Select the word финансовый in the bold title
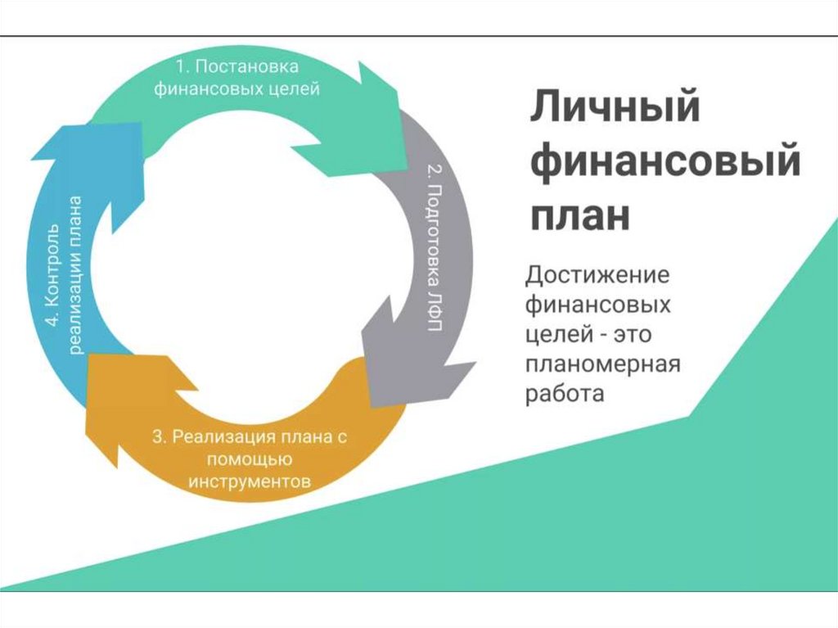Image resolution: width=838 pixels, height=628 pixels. pos(665,161)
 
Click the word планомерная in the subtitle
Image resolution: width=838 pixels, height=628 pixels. pos(602,364)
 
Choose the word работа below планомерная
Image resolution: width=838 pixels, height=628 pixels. pos(564,394)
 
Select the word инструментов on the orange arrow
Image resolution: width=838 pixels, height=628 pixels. pos(250,481)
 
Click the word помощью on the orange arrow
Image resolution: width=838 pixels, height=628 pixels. pos(250,459)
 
